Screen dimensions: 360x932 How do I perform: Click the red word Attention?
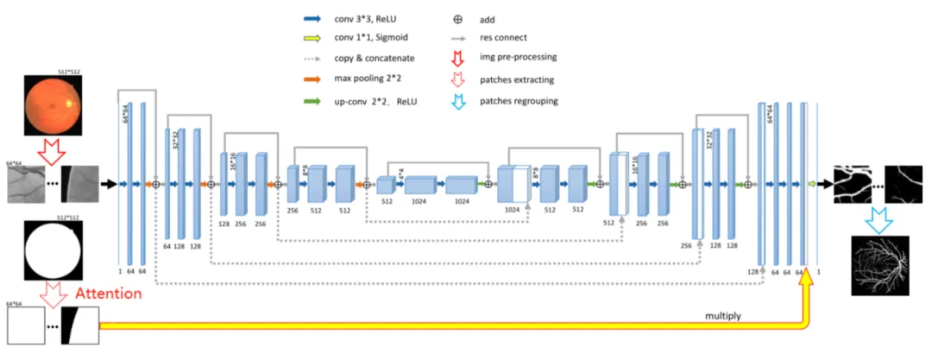point(108,294)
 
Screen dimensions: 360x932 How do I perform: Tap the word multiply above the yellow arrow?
point(724,317)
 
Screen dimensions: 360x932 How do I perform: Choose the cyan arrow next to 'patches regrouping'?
point(457,101)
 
